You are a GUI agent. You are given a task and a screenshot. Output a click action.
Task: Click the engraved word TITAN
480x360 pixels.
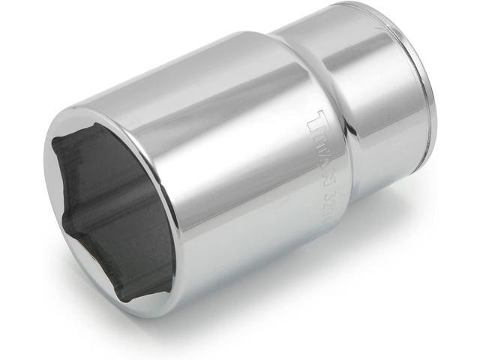click(x=322, y=149)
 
